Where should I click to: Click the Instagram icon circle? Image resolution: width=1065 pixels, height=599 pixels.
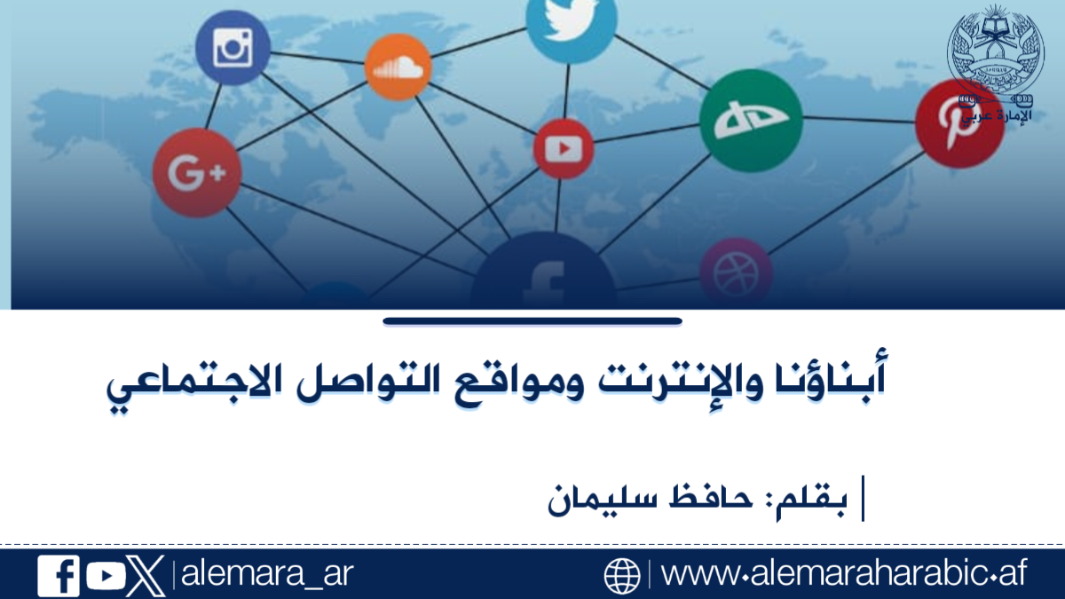coord(233,48)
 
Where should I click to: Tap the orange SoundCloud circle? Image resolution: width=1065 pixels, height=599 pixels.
coord(398,67)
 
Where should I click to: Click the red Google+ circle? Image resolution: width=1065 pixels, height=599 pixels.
coord(197,172)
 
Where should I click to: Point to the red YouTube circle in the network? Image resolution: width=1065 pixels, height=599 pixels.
coord(564,149)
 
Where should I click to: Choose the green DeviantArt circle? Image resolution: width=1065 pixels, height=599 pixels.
coord(751,121)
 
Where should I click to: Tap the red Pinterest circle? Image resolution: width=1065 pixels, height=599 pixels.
coord(960,123)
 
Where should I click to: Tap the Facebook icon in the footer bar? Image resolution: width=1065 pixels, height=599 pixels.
coord(59,576)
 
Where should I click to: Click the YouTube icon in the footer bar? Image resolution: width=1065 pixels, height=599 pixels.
coord(106,576)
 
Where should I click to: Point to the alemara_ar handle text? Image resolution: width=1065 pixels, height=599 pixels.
coord(267,574)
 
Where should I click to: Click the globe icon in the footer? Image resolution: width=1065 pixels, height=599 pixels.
coord(622,576)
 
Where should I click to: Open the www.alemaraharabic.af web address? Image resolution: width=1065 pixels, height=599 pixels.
coord(844,573)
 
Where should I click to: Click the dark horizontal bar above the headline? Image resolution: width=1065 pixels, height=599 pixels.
coord(532,321)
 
